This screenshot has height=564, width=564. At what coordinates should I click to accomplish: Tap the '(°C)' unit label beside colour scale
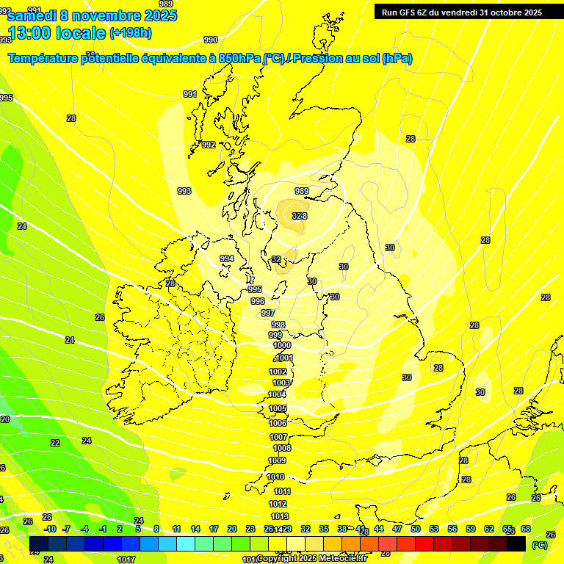pos(538,545)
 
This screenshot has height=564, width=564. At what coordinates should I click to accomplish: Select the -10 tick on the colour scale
pos(49,529)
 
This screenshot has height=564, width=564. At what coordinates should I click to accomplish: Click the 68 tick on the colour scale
pos(526,529)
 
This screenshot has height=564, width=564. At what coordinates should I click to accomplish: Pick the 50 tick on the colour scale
pos(416,529)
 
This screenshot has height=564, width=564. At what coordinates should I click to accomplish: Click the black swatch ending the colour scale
pos(517,543)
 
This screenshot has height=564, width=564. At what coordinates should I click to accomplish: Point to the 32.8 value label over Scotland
pos(299,216)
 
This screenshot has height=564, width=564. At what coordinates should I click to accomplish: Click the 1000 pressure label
pos(281,345)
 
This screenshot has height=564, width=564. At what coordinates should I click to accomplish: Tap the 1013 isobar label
pos(279,516)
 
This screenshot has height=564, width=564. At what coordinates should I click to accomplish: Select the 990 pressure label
pos(211,40)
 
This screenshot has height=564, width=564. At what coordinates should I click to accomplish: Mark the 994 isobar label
pos(227,258)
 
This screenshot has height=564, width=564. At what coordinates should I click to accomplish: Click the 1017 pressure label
pos(126,560)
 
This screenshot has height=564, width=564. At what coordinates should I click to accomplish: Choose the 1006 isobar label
pos(278,424)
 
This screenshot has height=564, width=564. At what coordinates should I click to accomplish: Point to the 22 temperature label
pos(55,443)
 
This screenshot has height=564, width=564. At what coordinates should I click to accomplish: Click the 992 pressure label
pos(209,145)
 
